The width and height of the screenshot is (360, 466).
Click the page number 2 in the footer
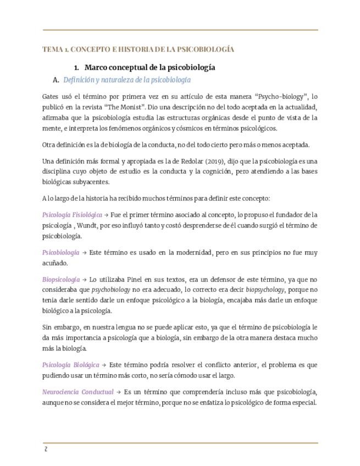(x=46, y=449)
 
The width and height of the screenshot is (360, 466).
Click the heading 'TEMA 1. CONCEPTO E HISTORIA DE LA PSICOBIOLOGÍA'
(x=138, y=49)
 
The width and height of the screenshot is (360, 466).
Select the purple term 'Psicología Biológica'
(x=70, y=364)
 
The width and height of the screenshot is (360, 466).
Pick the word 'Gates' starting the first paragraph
(x=51, y=96)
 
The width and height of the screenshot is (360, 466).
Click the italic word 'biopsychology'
(x=265, y=290)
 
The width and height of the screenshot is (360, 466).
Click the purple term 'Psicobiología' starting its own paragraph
(x=60, y=252)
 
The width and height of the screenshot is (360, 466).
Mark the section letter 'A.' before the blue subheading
(x=56, y=80)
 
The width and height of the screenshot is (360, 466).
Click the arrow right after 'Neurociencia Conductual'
(x=118, y=392)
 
